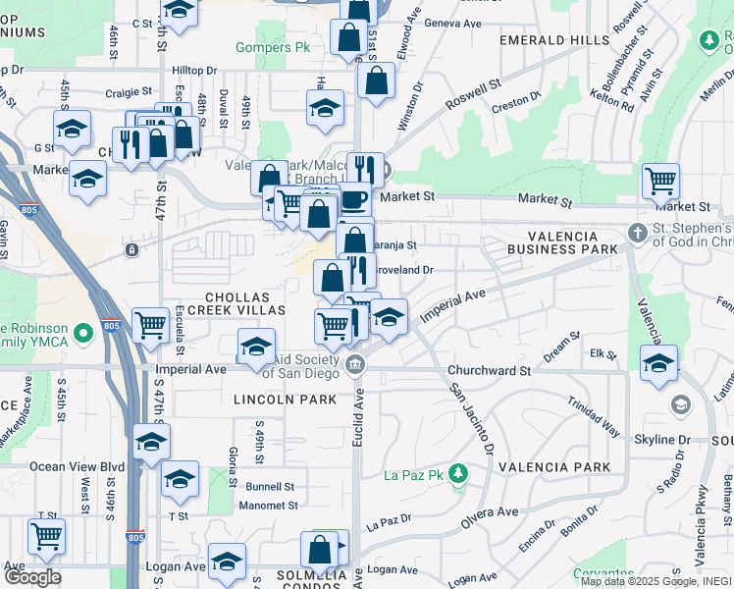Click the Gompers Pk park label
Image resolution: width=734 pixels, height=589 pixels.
[265, 47]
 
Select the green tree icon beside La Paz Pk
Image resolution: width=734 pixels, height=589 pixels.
[457, 475]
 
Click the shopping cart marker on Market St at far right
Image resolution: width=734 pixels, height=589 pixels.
[661, 182]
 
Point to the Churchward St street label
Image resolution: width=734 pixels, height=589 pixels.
[488, 371]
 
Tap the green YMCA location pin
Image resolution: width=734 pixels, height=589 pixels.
[82, 334]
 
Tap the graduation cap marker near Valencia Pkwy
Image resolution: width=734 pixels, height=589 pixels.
[658, 362]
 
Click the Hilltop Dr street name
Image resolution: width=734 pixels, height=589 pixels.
[193, 71]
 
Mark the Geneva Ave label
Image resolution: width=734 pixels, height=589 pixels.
[458, 23]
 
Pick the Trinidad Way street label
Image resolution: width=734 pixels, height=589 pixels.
[594, 416]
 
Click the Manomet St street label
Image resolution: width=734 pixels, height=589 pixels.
[272, 506]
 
